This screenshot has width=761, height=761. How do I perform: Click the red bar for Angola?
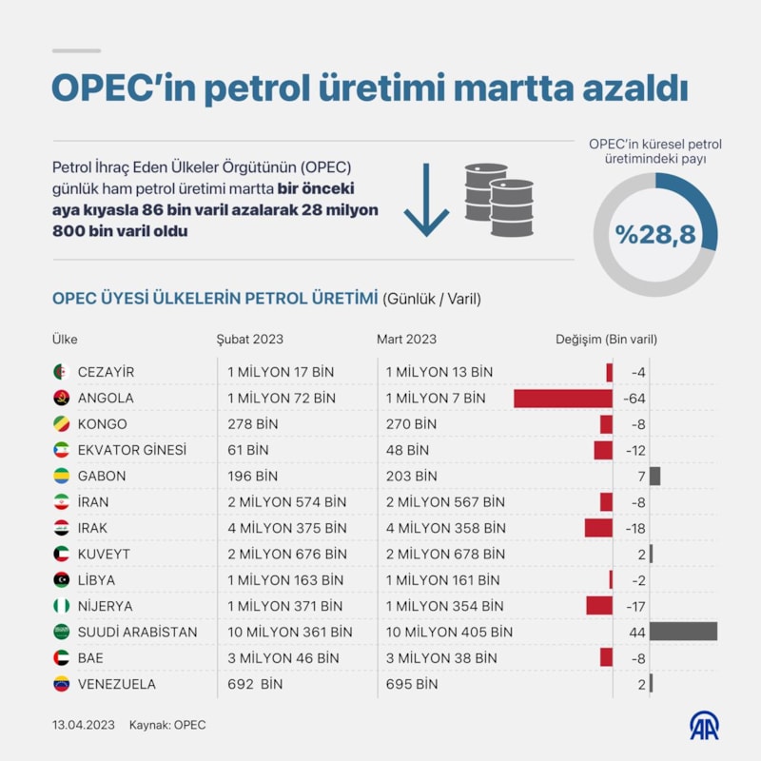(x=562, y=399)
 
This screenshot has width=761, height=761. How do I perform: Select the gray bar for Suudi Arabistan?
(x=683, y=632)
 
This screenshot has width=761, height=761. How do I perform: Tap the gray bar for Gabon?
(x=654, y=476)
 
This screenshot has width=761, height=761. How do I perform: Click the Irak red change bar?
(x=598, y=528)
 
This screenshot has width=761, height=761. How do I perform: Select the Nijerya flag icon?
(x=61, y=606)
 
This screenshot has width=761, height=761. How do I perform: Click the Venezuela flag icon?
(x=61, y=684)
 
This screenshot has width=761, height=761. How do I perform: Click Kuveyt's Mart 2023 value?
(x=445, y=554)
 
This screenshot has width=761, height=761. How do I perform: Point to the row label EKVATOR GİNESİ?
(x=131, y=450)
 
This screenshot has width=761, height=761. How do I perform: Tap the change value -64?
(x=634, y=399)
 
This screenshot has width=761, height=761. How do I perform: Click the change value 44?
(x=637, y=632)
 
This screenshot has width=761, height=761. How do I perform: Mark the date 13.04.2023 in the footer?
(x=84, y=725)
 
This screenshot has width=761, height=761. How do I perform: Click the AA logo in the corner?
(x=704, y=725)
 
